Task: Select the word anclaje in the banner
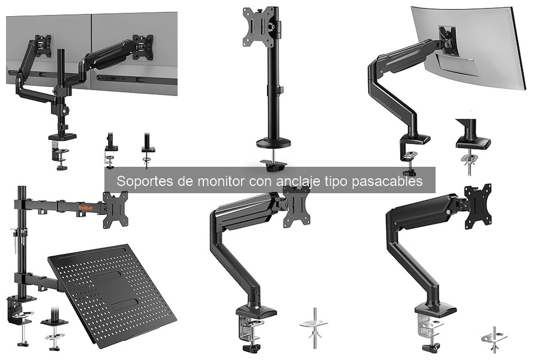coord(299,181)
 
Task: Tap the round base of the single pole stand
coord(274,143)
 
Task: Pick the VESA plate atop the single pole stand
coord(259,27)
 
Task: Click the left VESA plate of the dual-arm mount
coord(43,46)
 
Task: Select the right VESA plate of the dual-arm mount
coord(143,47)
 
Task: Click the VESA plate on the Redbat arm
coord(115,210)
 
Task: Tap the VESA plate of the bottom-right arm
coord(478,206)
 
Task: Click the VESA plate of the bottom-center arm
coord(296,206)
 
